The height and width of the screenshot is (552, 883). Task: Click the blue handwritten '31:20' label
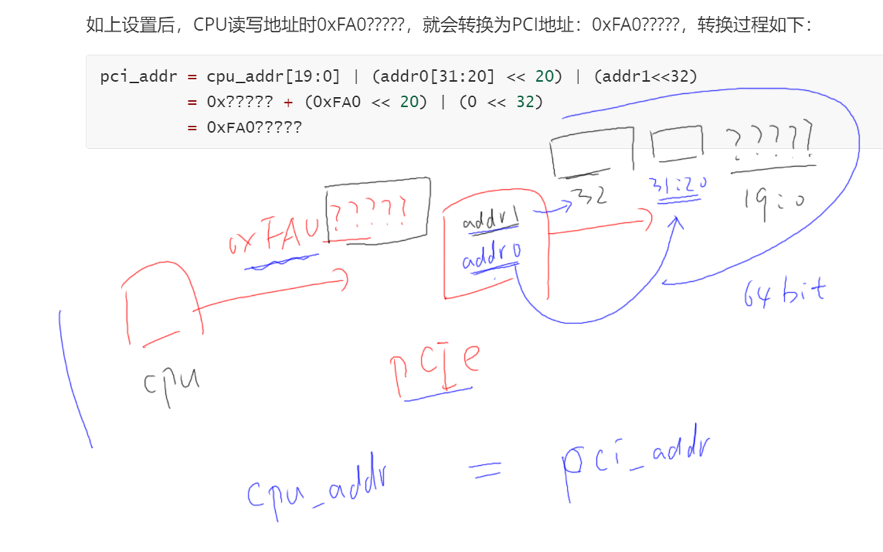click(x=677, y=187)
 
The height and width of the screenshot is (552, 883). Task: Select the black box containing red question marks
click(x=377, y=209)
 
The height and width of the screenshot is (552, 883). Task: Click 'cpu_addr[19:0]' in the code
click(x=273, y=77)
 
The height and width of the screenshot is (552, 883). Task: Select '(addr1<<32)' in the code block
click(x=645, y=77)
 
